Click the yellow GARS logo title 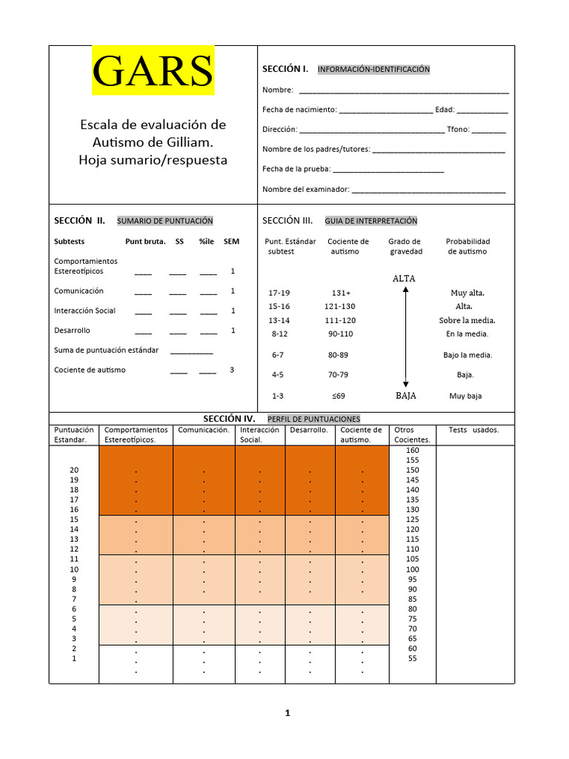[153, 71]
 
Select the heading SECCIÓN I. [284, 69]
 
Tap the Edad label [445, 110]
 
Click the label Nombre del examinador [305, 189]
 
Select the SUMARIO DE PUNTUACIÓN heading [164, 221]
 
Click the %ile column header [207, 242]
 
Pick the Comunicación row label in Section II [79, 291]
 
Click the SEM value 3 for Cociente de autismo [232, 369]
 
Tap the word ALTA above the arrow [405, 279]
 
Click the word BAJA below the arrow [405, 396]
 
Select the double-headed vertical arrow [405, 337]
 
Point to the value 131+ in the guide [342, 293]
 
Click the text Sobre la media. [467, 320]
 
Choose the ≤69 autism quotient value [339, 396]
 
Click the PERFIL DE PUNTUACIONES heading [313, 420]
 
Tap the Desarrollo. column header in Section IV [309, 430]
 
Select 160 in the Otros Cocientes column [413, 451]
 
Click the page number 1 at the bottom [287, 714]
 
